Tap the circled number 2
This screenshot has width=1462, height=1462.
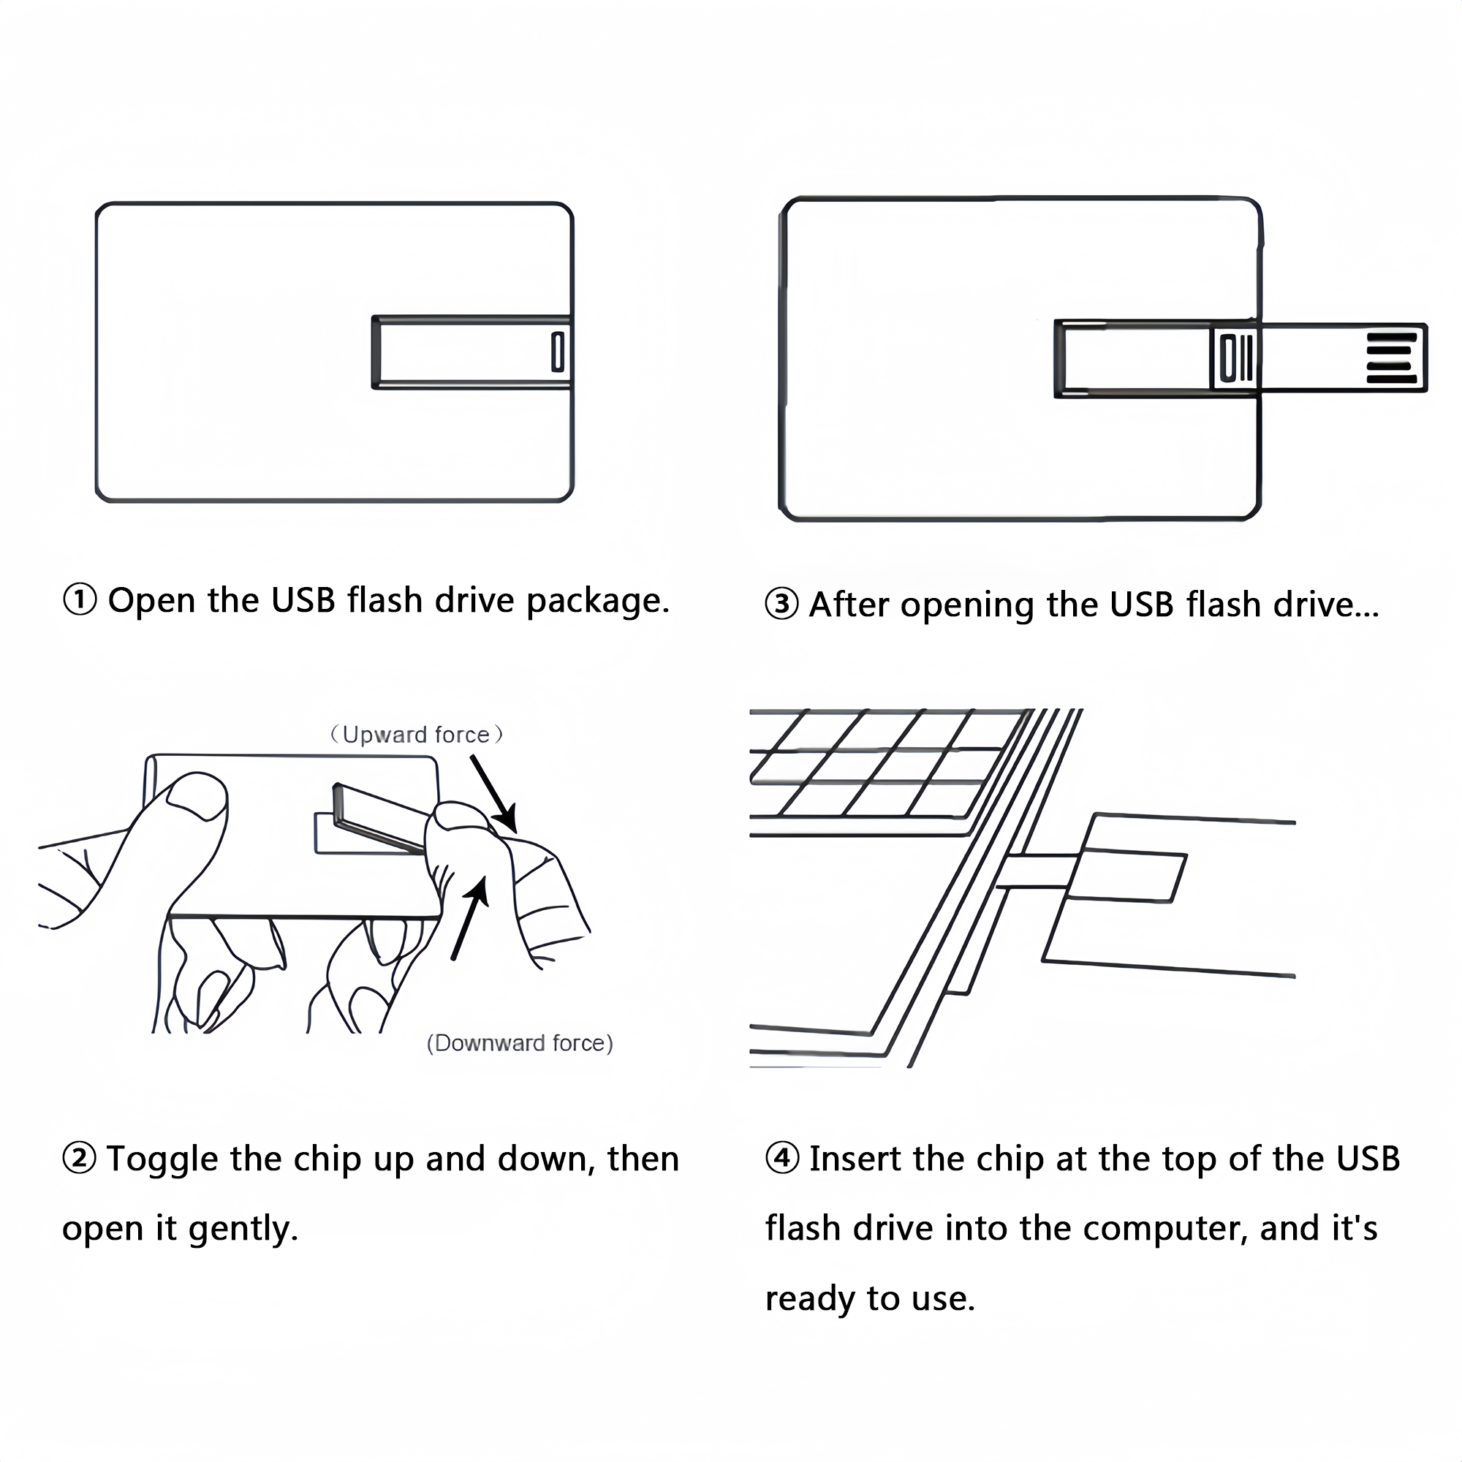(x=80, y=1159)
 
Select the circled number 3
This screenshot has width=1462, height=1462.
(x=781, y=605)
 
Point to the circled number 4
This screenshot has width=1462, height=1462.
(x=781, y=1159)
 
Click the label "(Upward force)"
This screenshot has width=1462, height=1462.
(x=416, y=735)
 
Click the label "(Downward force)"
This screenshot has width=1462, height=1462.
(x=520, y=1044)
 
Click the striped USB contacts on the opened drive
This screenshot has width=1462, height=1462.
(x=1391, y=357)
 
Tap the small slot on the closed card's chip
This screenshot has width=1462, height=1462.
(x=558, y=352)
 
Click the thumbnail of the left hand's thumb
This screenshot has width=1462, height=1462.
(x=196, y=796)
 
